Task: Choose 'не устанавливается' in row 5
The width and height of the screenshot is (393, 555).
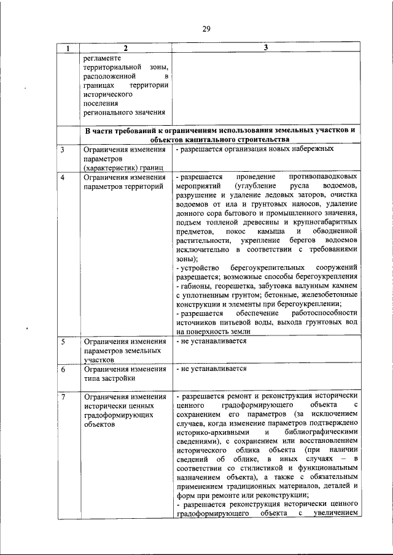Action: (x=214, y=341)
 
